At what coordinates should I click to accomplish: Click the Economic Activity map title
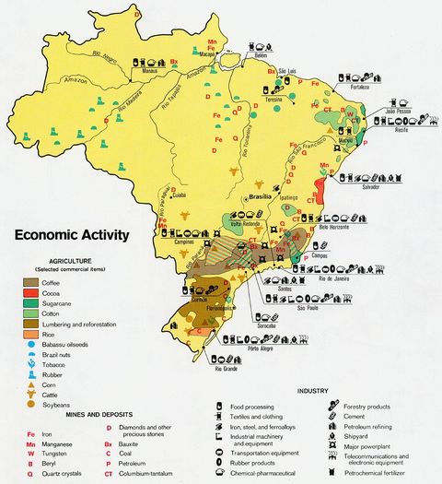click(x=71, y=234)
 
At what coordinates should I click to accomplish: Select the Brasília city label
click(x=261, y=196)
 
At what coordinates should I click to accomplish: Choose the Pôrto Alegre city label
click(x=261, y=348)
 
